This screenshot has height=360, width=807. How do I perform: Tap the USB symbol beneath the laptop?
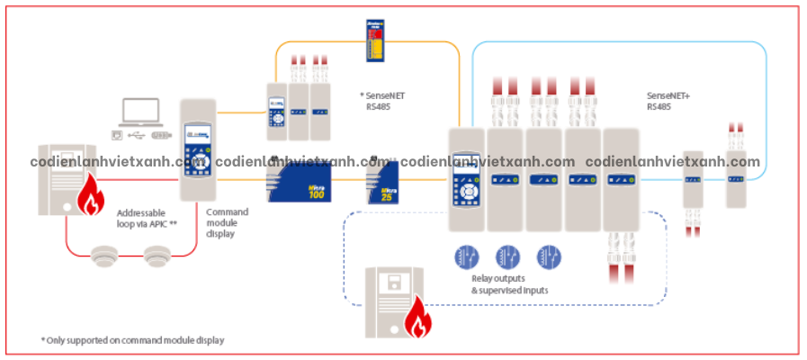pyautogui.click(x=135, y=135)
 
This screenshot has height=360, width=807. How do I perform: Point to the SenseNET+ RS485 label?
pyautogui.click(x=666, y=100)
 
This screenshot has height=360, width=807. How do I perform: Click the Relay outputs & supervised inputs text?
pyautogui.click(x=509, y=284)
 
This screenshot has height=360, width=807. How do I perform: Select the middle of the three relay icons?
pyautogui.click(x=508, y=256)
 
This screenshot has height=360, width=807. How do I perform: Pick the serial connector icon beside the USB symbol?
pyautogui.click(x=161, y=135)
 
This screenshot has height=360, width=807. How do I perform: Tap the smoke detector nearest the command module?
pyautogui.click(x=157, y=256)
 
